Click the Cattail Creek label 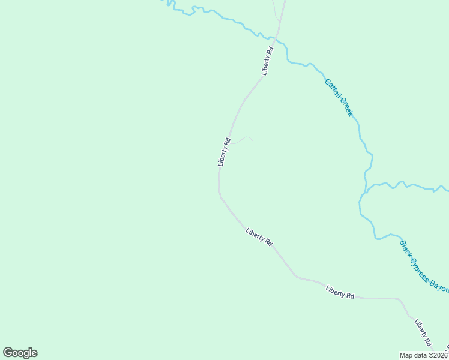(x=339, y=97)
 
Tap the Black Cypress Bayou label (x=423, y=266)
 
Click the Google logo (x=20, y=353)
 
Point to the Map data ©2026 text (x=424, y=355)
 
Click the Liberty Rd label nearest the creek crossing (x=268, y=61)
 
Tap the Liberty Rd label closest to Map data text (x=423, y=332)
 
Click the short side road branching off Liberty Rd (x=241, y=140)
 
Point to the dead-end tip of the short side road (x=252, y=140)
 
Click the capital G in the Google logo (x=8, y=353)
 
